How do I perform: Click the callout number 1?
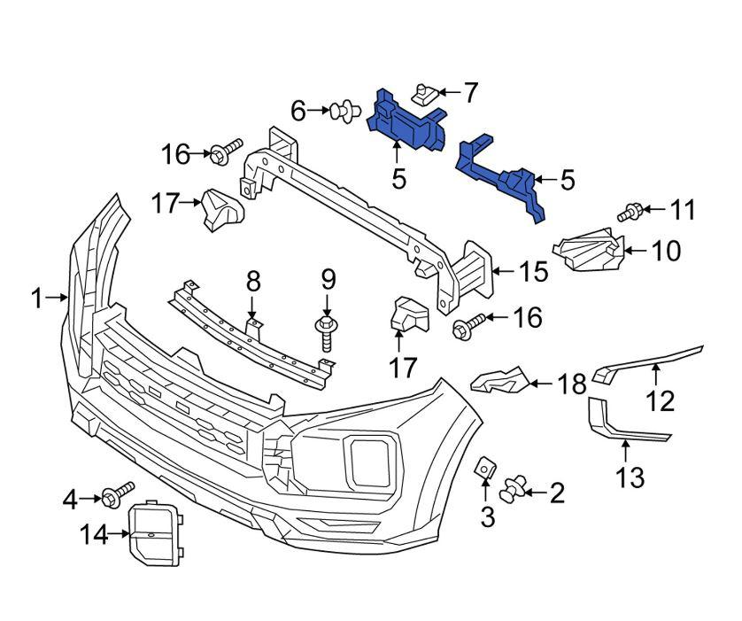point(36,299)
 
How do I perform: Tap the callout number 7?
point(469,92)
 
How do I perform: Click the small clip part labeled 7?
point(427,92)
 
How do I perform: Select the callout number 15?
point(534,271)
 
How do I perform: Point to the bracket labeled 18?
point(502,382)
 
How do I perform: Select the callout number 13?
point(631,478)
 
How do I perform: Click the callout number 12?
point(660,400)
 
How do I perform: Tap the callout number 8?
point(253,283)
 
